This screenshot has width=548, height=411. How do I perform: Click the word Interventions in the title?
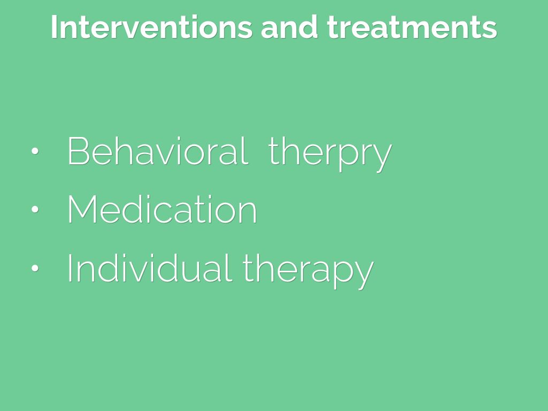pos(151,27)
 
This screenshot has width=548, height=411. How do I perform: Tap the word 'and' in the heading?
pos(290,27)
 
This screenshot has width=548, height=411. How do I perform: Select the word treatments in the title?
pos(412,27)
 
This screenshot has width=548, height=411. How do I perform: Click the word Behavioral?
pos(158,151)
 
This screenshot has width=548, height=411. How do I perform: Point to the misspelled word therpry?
pos(330,154)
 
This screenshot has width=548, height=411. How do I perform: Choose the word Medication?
pos(162,209)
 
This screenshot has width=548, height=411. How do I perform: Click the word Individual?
pos(150,268)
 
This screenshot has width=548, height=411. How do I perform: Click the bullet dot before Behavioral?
pos(35,151)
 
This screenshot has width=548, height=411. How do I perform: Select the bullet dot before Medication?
pos(35,209)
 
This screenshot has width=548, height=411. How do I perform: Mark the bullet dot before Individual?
pos(35,268)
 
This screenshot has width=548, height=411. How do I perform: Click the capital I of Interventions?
pos(54,27)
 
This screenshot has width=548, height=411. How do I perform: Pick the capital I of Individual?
pos(70,268)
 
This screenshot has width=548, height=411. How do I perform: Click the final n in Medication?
pos(248,213)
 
